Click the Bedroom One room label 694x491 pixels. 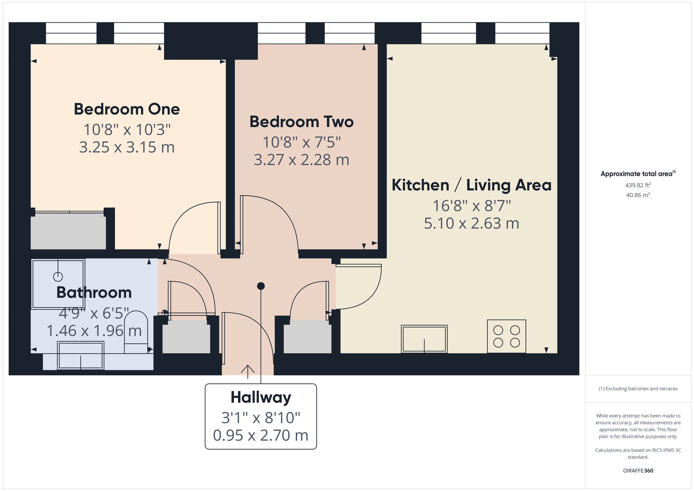[127, 109]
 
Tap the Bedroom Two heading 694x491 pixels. [302, 122]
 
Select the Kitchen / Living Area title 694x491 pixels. [472, 185]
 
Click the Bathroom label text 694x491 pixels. [94, 292]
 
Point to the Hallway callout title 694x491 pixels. [261, 398]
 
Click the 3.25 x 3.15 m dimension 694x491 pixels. [127, 147]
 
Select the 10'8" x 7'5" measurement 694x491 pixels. [302, 142]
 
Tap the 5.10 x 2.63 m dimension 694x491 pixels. [472, 223]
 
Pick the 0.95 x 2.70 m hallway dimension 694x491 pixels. [261, 435]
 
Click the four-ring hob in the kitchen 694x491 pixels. [507, 336]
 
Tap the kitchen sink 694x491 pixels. [424, 339]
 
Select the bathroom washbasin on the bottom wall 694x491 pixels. [81, 355]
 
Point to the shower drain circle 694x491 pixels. [58, 277]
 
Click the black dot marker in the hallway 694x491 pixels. [261, 286]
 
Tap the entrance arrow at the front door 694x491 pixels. [248, 372]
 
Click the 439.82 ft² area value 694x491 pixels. [638, 185]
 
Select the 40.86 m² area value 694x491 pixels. [638, 195]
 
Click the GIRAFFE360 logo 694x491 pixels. [638, 471]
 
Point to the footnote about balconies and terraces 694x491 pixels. [638, 389]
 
